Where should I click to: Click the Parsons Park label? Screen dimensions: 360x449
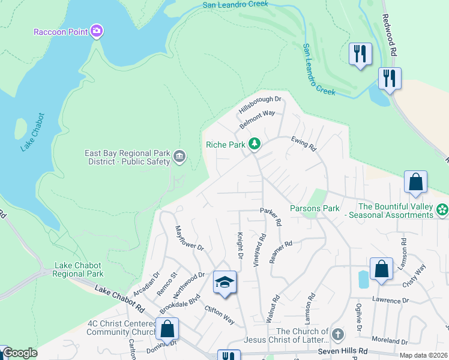pyautogui.click(x=315, y=208)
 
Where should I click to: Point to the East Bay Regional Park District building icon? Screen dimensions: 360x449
pyautogui.click(x=179, y=157)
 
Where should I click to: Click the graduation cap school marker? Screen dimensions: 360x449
pyautogui.click(x=224, y=283)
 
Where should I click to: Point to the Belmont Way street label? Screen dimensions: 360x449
pyautogui.click(x=257, y=119)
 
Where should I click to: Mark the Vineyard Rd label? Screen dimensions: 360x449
pyautogui.click(x=260, y=250)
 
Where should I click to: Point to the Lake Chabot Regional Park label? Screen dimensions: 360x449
pyautogui.click(x=79, y=269)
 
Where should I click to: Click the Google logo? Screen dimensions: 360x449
pyautogui.click(x=19, y=353)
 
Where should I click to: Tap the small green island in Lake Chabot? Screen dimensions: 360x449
pyautogui.click(x=20, y=127)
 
